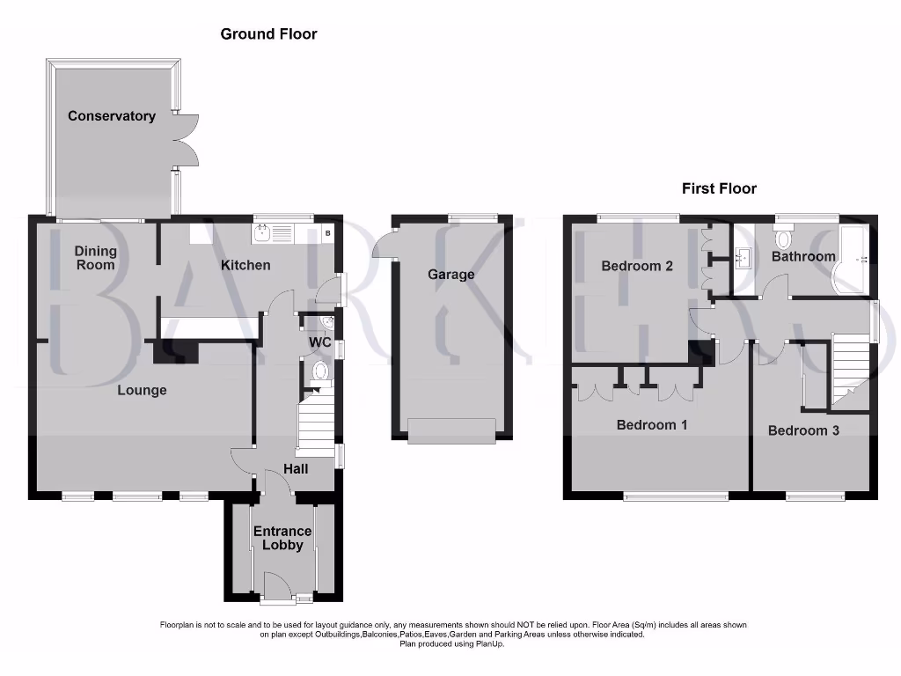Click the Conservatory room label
[112, 116]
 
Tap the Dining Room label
[96, 258]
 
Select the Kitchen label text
[245, 265]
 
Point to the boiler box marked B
[328, 233]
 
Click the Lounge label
[142, 390]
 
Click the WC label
[319, 342]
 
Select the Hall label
[295, 469]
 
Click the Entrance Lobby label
[282, 538]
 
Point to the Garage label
[450, 275]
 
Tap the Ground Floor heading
[268, 34]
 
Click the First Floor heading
[719, 188]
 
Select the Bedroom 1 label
[652, 425]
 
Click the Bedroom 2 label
[637, 266]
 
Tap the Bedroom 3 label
[803, 430]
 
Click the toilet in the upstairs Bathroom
[784, 237]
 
